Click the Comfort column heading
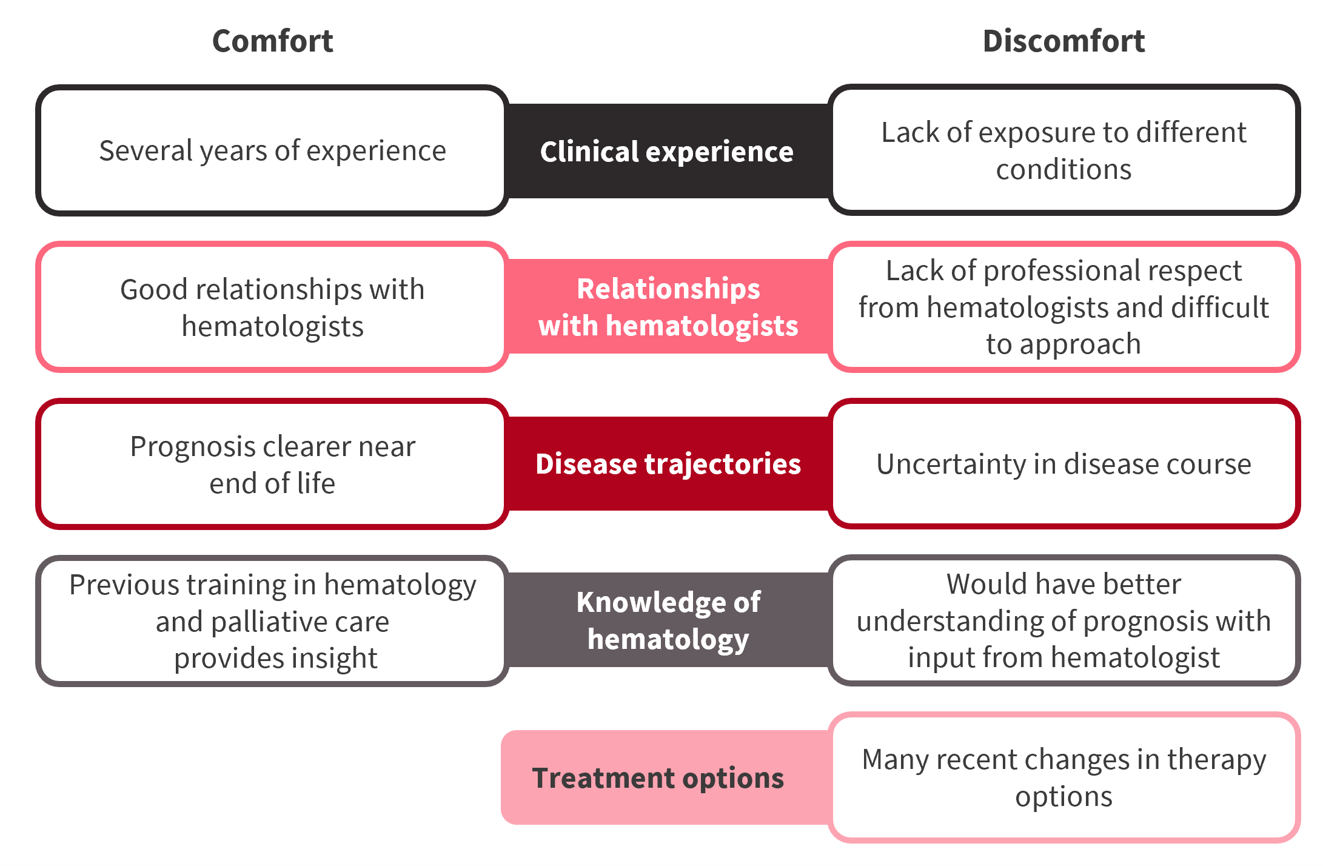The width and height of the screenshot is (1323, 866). pos(273,41)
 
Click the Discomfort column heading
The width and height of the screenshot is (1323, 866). pos(1063,41)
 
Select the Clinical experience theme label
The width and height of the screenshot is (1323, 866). pos(667,152)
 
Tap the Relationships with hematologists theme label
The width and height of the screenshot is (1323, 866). pos(668,307)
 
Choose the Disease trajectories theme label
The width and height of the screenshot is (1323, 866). pos(668,464)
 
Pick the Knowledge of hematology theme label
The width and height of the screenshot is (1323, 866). pos(668,620)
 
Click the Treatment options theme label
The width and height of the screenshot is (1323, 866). pos(658,778)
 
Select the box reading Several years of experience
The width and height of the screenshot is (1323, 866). pos(272,150)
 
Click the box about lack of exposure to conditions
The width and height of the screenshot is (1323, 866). pos(1064,150)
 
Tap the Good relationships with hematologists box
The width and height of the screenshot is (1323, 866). pos(272,307)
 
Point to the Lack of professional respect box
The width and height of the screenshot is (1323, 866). pos(1064,307)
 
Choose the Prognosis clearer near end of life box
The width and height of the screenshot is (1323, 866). pos(272,464)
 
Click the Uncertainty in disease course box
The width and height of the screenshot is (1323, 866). pos(1064,464)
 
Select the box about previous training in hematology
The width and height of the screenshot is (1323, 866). pos(272,621)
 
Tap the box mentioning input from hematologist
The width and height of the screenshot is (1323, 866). pos(1064,620)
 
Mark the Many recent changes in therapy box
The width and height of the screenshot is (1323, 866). pos(1064,777)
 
